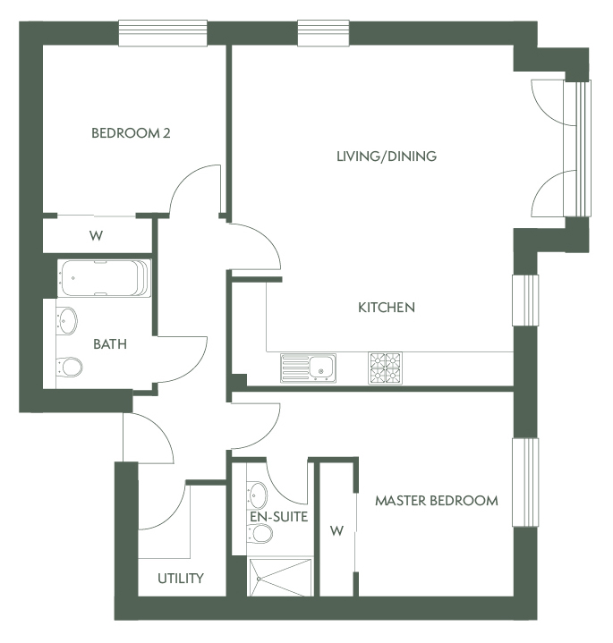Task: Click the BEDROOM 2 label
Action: [x=131, y=134]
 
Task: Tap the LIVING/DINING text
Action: [x=386, y=157]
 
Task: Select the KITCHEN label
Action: [x=387, y=308]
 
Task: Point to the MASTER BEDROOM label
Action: [x=436, y=501]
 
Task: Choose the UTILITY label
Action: [x=181, y=579]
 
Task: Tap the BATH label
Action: [x=110, y=343]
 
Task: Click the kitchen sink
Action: [x=308, y=368]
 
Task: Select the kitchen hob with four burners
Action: [x=385, y=368]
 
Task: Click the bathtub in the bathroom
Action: [x=104, y=278]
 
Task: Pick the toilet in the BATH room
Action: [x=70, y=367]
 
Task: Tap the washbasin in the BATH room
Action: [x=67, y=320]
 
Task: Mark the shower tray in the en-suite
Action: [x=280, y=577]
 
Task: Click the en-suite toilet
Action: [x=260, y=534]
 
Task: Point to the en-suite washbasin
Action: [x=258, y=493]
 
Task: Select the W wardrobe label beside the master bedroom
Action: [x=336, y=531]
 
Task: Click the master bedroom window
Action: [x=525, y=483]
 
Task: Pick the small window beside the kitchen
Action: [x=525, y=300]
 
